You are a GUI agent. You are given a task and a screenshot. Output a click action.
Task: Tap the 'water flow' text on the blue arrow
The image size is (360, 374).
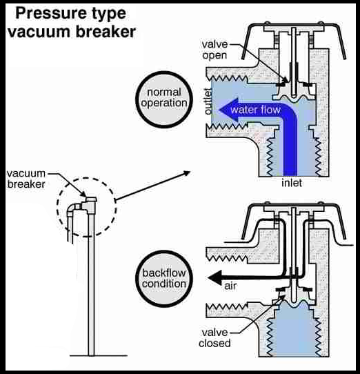pyautogui.click(x=254, y=110)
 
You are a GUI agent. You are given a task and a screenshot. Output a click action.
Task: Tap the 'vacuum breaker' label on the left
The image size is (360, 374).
pyautogui.click(x=26, y=178)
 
